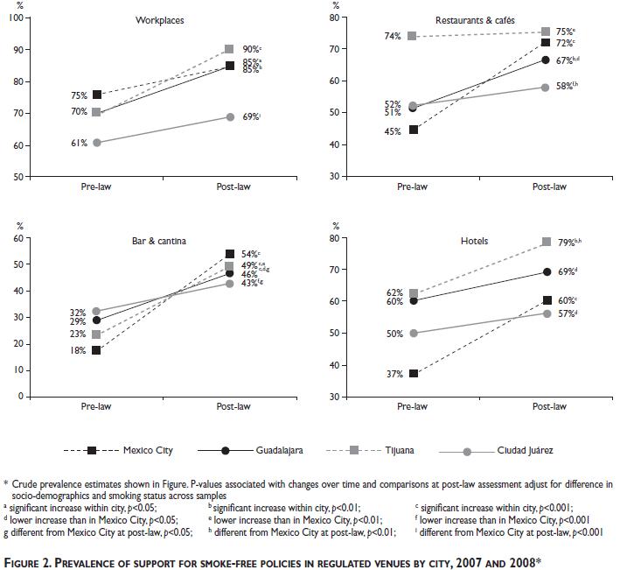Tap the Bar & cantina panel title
tap(157, 239)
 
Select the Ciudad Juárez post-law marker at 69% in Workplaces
tap(230, 116)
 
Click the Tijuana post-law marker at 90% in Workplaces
tap(230, 49)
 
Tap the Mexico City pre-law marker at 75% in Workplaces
tap(97, 95)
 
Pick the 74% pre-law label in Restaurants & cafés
tap(391, 36)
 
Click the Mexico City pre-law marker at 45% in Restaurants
tap(414, 129)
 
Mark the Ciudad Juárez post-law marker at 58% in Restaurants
tap(545, 88)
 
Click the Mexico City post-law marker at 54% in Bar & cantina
tap(230, 254)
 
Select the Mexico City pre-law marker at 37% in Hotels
tap(414, 374)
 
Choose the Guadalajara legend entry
tap(280, 451)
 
